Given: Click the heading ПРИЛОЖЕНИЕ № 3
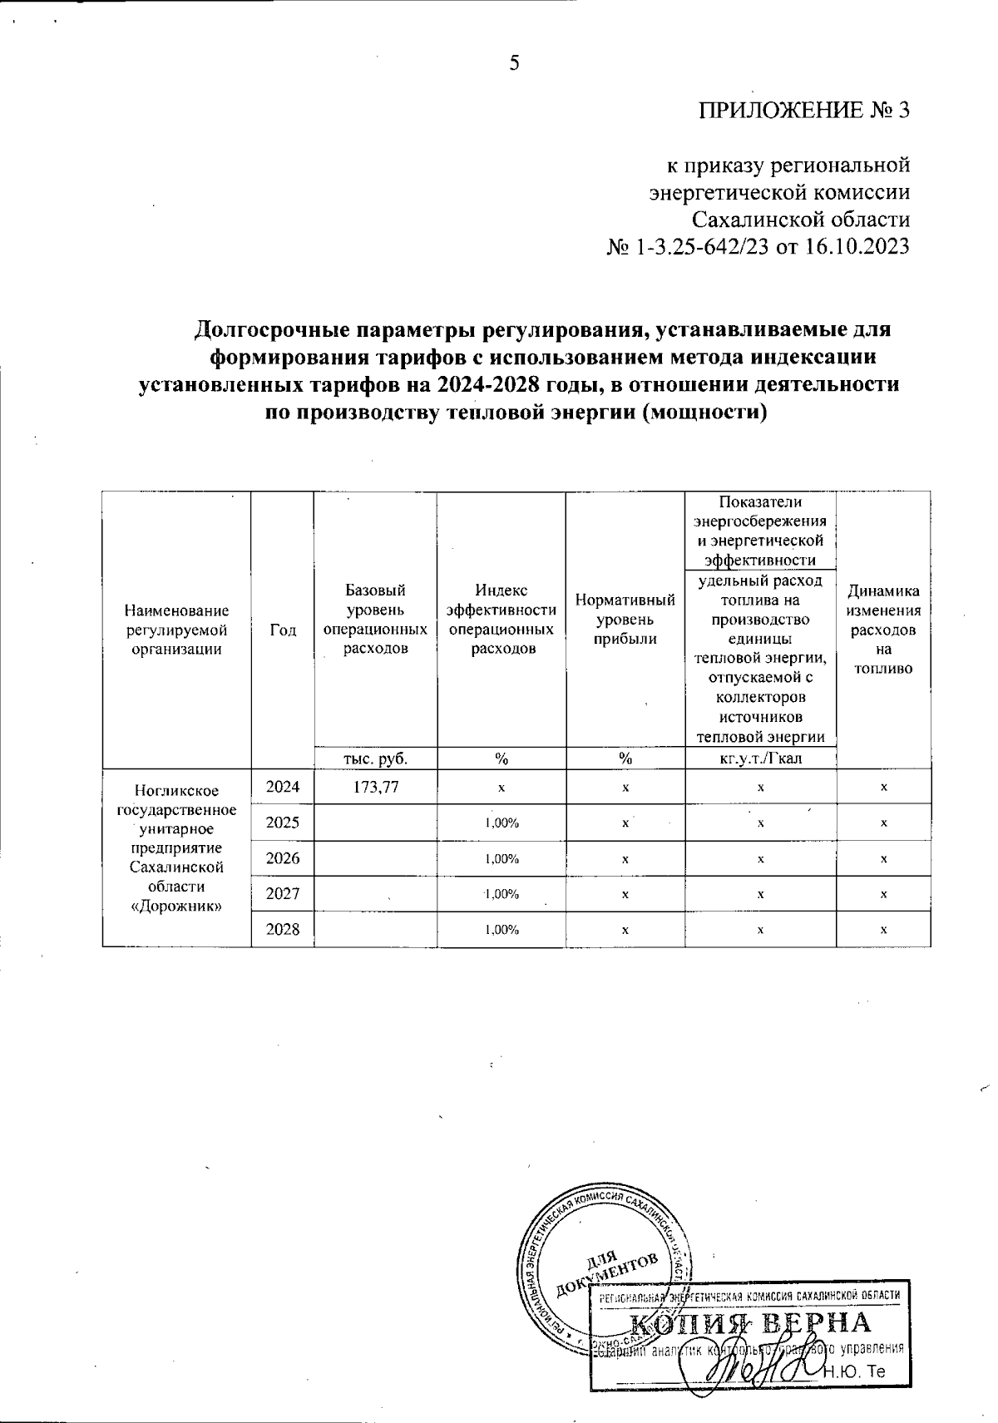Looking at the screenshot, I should click(x=804, y=111).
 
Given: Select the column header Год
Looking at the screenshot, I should click(x=283, y=630).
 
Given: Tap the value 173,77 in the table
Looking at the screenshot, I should click(x=375, y=786).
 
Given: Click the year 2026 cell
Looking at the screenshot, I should click(x=283, y=858).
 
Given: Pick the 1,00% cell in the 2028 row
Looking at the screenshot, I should click(x=501, y=930).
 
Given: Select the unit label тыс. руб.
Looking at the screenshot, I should click(x=375, y=758).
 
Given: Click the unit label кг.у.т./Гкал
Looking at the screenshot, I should click(x=760, y=758).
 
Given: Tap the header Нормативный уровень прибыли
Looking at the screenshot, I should click(x=625, y=620).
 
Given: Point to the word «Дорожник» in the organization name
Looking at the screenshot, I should click(x=176, y=905).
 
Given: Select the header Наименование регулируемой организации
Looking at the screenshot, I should click(x=176, y=630).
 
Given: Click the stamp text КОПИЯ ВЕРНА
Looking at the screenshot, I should click(x=748, y=1322).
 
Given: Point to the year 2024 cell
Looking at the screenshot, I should click(x=283, y=786).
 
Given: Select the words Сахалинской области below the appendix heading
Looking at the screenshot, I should click(x=801, y=220).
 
